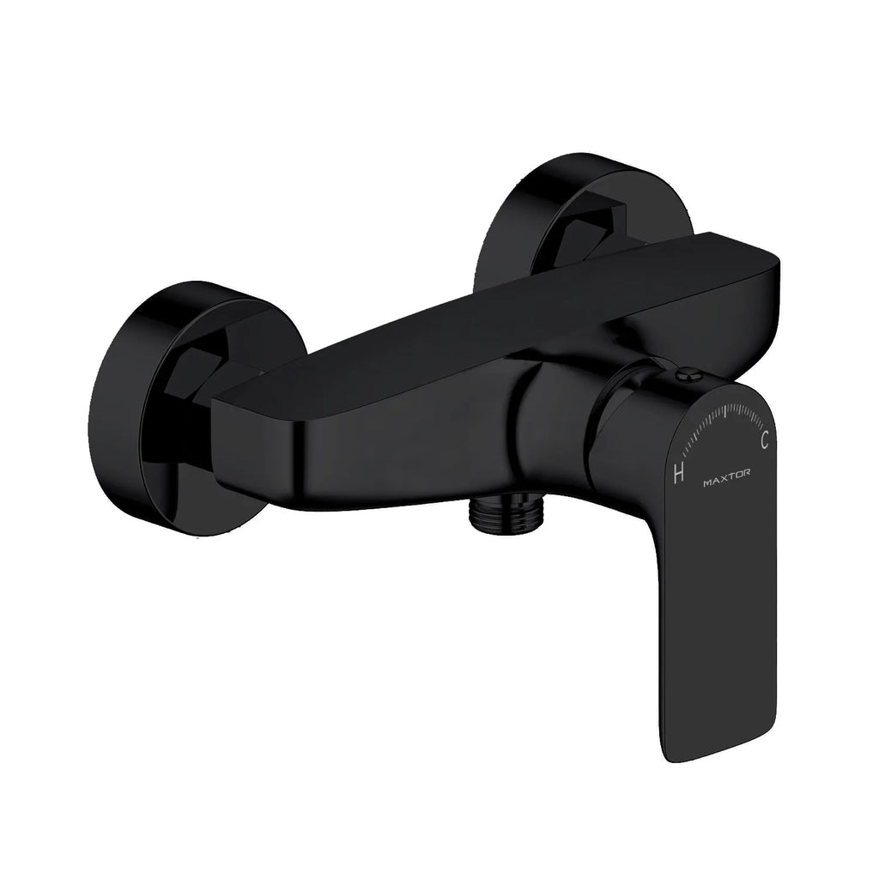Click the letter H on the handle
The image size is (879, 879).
(x=678, y=473)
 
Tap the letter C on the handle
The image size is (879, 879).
(x=765, y=440)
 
